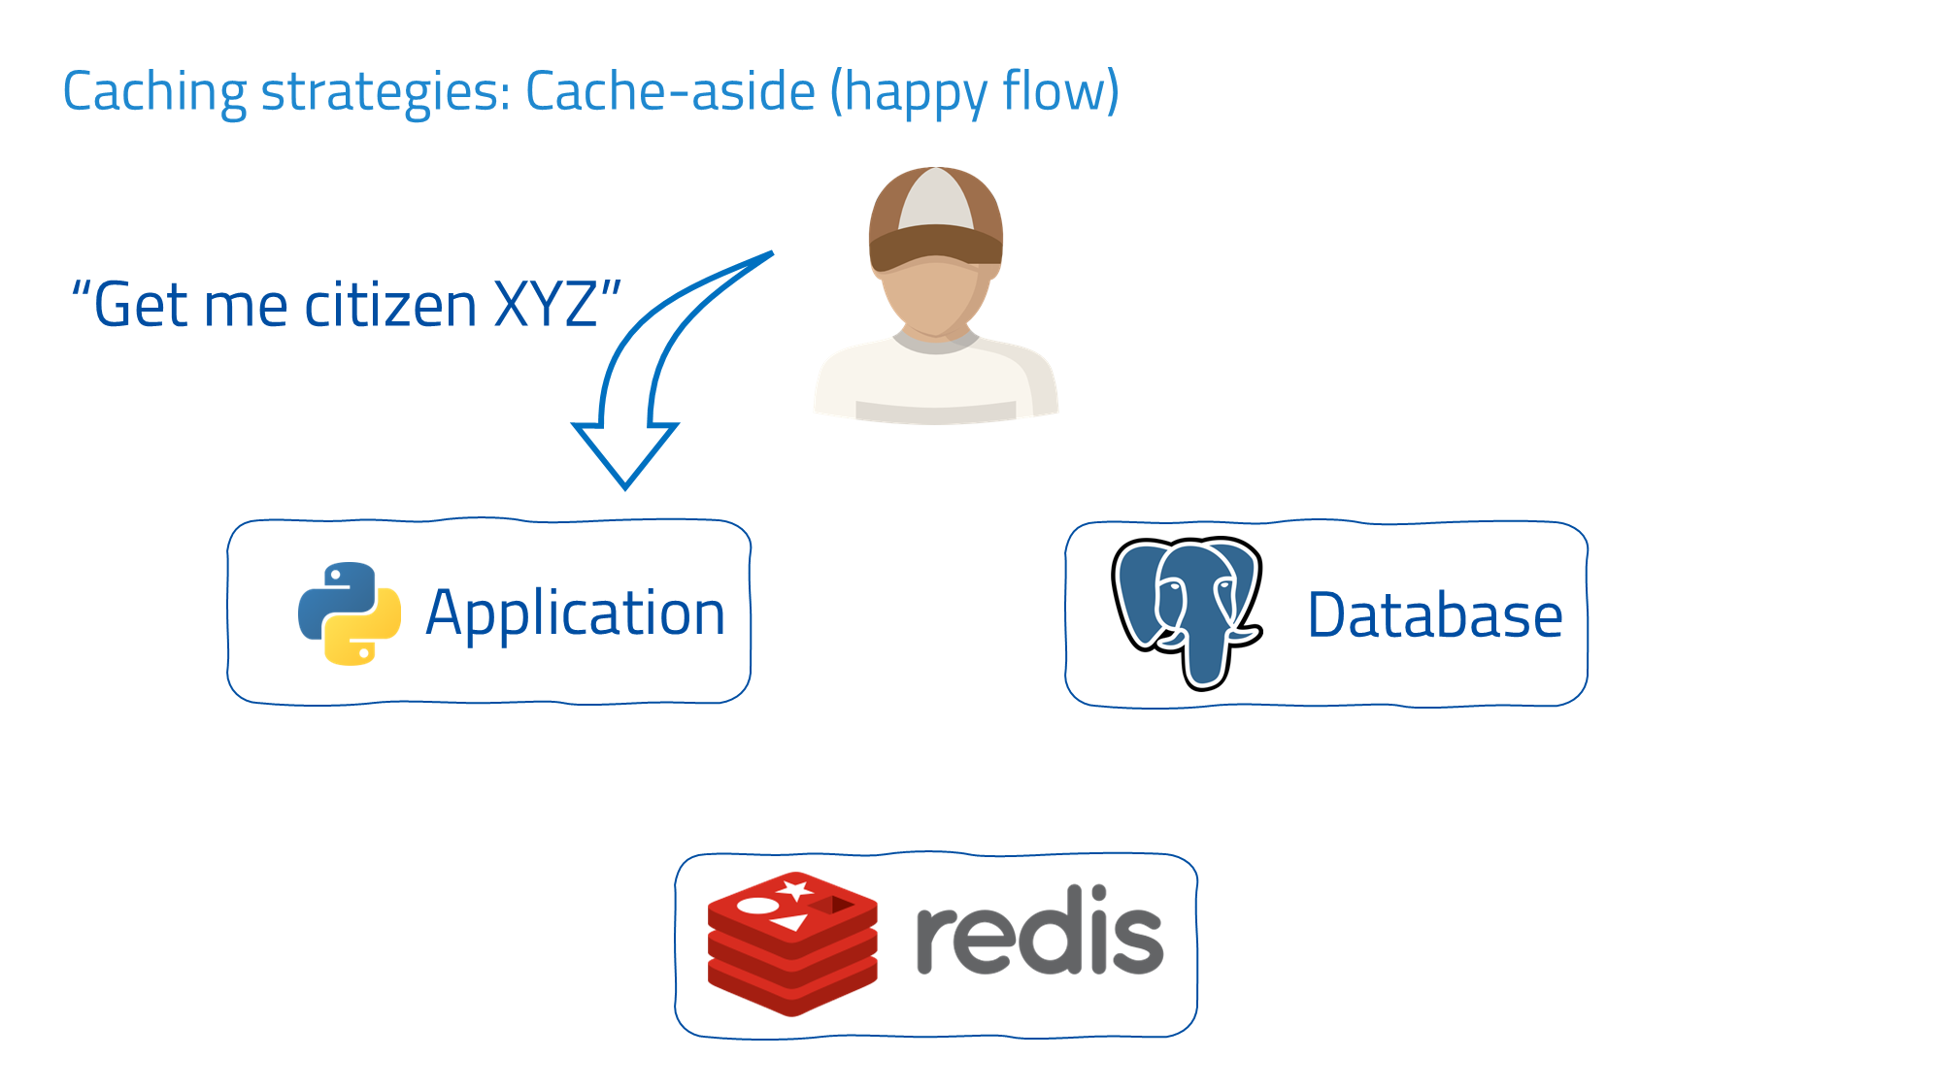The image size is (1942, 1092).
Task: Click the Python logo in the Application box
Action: pyautogui.click(x=350, y=613)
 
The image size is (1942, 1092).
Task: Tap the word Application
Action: pyautogui.click(x=576, y=614)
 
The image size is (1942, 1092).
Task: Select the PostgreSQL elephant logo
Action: pyautogui.click(x=1187, y=612)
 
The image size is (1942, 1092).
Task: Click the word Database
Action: pyautogui.click(x=1435, y=615)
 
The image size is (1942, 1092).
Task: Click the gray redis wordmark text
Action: pyautogui.click(x=1039, y=932)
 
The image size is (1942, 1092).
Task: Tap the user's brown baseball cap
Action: pyautogui.click(x=935, y=218)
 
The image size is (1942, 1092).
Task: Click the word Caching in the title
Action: pyautogui.click(x=155, y=92)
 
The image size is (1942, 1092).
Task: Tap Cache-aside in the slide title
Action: pyautogui.click(x=670, y=92)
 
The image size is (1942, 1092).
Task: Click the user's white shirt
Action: pyautogui.click(x=934, y=383)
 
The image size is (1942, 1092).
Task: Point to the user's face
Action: pyautogui.click(x=934, y=296)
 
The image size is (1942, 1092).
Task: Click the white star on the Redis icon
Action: pyautogui.click(x=796, y=889)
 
